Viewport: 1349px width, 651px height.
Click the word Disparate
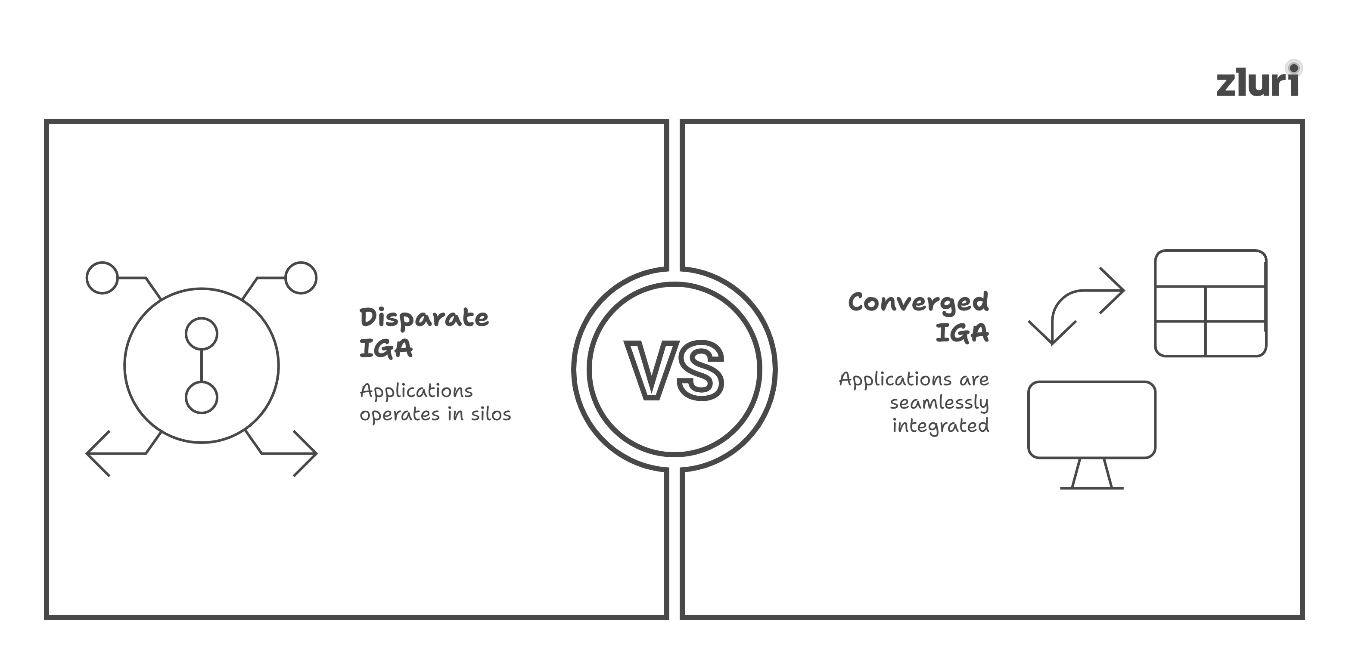coord(424,318)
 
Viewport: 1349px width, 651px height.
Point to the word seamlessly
coord(939,403)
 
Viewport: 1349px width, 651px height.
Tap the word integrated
coord(941,425)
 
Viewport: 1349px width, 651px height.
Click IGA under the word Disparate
coord(386,348)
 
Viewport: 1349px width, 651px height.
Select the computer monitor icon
coord(1091,420)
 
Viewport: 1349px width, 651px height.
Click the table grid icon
coord(1210,304)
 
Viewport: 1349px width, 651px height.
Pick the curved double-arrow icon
coord(1076,306)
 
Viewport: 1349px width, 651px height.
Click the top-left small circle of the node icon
coord(102,277)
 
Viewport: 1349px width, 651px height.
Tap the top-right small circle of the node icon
coord(301,277)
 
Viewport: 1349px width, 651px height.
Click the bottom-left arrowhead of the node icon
coord(97,453)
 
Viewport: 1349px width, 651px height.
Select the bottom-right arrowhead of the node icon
coord(306,453)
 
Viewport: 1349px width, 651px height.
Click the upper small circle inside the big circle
coord(202,333)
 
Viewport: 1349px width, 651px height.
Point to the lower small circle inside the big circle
coord(202,397)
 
